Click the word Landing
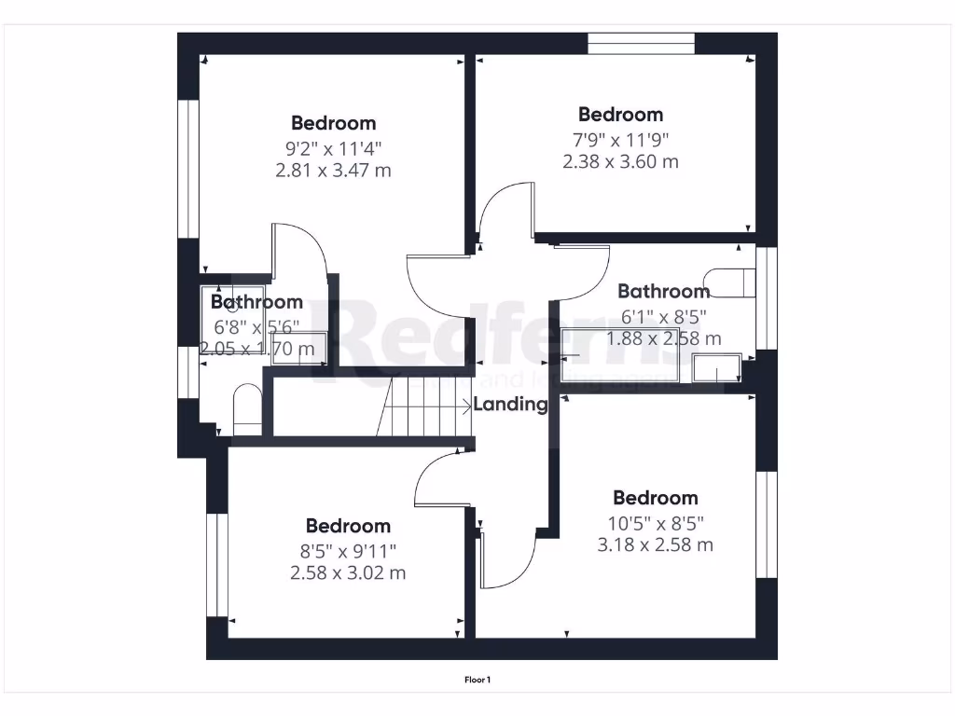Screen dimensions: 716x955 tap(510, 405)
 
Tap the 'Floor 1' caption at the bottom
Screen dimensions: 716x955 tap(477, 680)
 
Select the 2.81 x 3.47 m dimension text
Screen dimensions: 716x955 tap(333, 171)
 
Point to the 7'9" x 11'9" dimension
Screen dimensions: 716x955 tap(620, 139)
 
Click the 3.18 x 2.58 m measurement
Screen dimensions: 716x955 tap(655, 544)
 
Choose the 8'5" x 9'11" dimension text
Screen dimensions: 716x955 tap(348, 550)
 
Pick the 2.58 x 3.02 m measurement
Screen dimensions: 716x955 tap(348, 572)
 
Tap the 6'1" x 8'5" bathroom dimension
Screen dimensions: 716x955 tap(663, 315)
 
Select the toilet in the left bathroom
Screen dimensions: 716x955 tap(246, 410)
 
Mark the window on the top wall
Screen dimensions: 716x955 tap(642, 44)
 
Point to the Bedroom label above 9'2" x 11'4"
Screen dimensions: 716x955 tap(333, 123)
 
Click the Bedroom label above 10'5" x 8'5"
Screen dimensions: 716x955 tap(655, 498)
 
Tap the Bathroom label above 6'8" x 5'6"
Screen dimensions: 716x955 tap(256, 302)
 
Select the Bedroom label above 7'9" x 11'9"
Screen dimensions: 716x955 tap(620, 115)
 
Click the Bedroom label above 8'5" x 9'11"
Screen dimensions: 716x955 tap(348, 526)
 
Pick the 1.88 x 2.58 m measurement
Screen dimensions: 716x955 tap(663, 338)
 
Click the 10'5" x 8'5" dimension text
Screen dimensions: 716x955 tap(655, 522)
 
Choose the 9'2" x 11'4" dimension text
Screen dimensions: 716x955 tap(333, 147)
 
